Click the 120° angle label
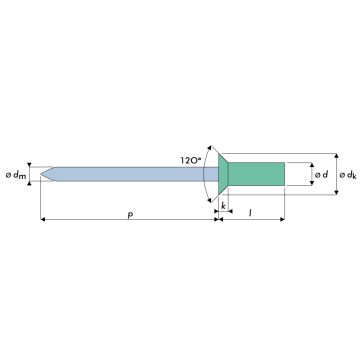coord(191,160)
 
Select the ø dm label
coord(16,175)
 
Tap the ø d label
coord(321,174)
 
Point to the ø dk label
coord(348,175)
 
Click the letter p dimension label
coord(130,215)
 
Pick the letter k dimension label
coord(223,206)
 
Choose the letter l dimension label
coord(250,213)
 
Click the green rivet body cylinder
coord(256,174)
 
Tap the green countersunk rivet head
coord(223,174)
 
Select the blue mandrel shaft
coord(129,174)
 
